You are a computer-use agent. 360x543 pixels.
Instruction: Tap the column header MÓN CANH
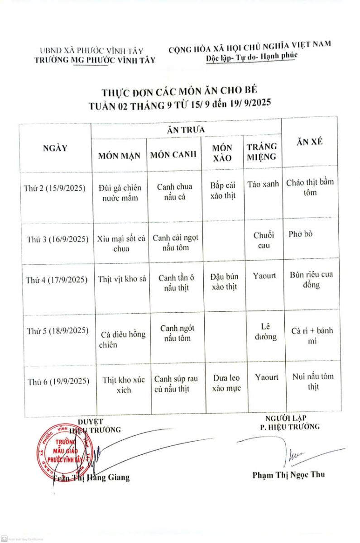[x=173, y=155]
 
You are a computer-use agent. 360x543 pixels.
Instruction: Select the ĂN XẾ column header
[x=309, y=142]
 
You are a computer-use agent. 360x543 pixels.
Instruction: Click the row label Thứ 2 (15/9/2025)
[x=55, y=189]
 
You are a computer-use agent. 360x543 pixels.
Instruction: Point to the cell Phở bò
[x=300, y=234]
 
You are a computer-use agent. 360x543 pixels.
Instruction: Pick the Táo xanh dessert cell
[x=264, y=185]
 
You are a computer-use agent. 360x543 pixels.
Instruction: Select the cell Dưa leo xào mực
[x=226, y=383]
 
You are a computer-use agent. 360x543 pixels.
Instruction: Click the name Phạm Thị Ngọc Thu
[x=288, y=475]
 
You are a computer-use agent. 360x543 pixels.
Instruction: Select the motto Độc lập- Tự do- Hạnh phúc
[x=250, y=57]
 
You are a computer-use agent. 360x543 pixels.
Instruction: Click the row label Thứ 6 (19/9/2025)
[x=58, y=381]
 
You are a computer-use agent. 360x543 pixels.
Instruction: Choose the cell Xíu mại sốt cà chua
[x=121, y=243]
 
